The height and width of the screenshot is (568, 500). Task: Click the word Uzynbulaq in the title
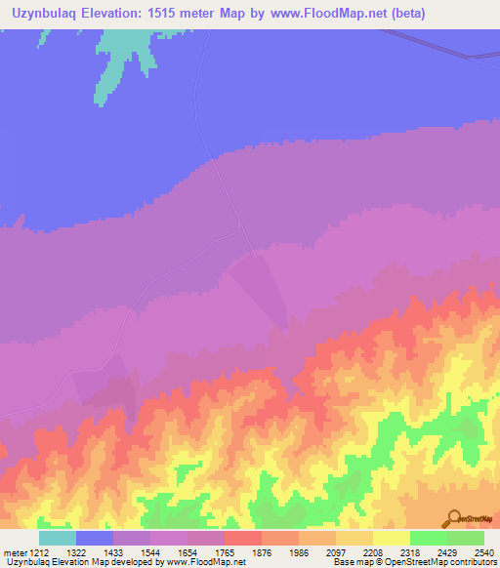pos(48,13)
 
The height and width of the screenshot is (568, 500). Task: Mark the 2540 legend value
pos(483,553)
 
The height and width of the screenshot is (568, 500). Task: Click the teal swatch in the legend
pos(58,538)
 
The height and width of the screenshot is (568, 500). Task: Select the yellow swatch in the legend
pos(392,538)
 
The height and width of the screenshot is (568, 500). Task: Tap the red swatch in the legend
pos(243,538)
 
